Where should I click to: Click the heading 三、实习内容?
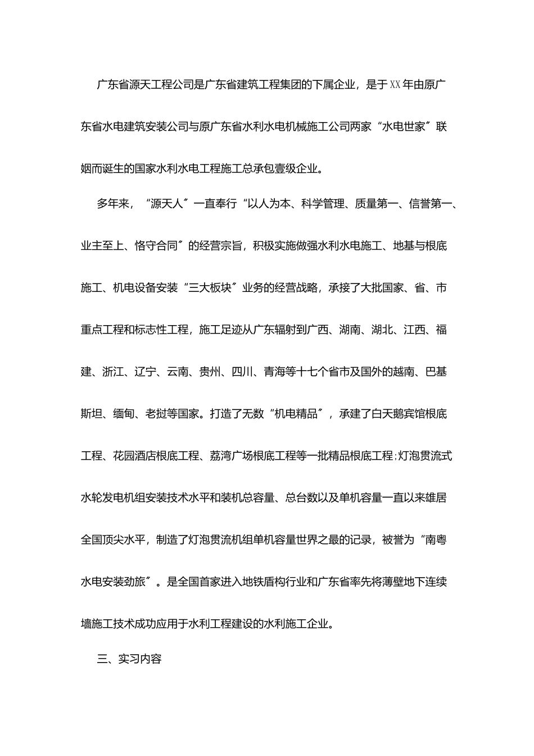[129, 659]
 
